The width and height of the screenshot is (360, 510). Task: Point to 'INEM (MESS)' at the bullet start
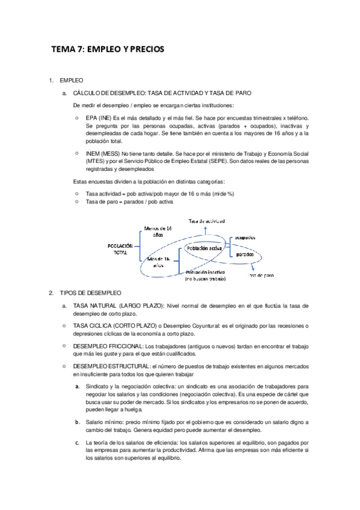pos(103,154)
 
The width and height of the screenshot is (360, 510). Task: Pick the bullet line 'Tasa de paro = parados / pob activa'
pos(129,202)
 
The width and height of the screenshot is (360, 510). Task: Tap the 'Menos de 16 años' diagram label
pos(158,232)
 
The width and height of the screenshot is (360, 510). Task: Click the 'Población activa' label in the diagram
pos(205,248)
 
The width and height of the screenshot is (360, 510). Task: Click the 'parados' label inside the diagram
pos(244,254)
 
